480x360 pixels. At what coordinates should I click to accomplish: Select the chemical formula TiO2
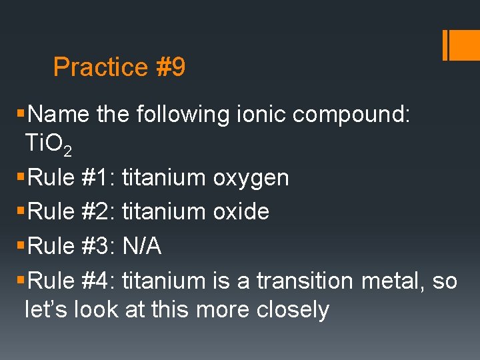pyautogui.click(x=48, y=143)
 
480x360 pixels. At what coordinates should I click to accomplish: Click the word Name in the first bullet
pyautogui.click(x=59, y=115)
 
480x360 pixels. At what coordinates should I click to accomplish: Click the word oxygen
pyautogui.click(x=251, y=178)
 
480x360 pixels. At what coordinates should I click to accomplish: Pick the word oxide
pyautogui.click(x=241, y=212)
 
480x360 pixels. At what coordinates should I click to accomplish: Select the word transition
pyautogui.click(x=305, y=281)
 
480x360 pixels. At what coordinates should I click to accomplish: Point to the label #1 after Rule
pyautogui.click(x=102, y=178)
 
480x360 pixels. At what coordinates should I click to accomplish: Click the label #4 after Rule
pyautogui.click(x=102, y=281)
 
